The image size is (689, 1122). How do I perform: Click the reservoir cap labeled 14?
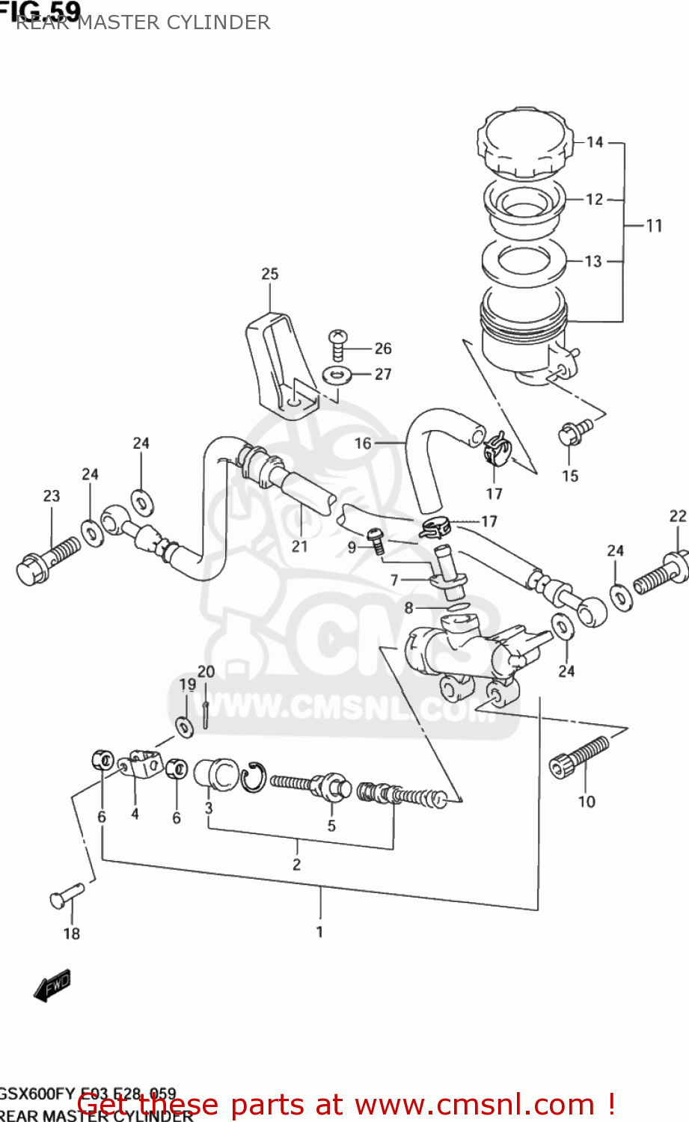tap(523, 144)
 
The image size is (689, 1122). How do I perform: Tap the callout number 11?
tap(655, 225)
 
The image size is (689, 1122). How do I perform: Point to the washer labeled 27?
tap(338, 374)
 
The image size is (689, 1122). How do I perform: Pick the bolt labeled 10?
tap(580, 757)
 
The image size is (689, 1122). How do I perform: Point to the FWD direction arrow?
tap(52, 987)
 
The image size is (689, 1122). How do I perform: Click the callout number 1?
tap(319, 932)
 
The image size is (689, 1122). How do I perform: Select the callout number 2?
tap(297, 865)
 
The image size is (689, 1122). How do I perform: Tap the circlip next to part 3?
tap(253, 777)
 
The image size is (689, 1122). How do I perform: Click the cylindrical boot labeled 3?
tap(215, 773)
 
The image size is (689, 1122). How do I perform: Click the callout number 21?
tap(299, 547)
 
